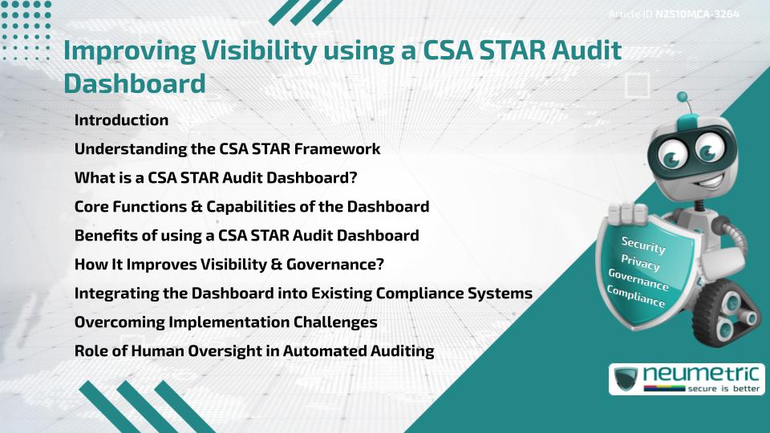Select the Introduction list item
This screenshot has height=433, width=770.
coord(121,120)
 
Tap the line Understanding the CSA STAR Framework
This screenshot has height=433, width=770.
coord(227,149)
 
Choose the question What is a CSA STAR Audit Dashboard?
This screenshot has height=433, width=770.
coord(215,178)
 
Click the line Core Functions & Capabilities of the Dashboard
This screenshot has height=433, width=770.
coord(251,207)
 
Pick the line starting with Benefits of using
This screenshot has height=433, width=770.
coord(246,236)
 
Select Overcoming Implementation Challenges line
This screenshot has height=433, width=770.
coord(225,322)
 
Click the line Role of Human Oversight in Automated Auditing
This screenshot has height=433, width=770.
coord(253,351)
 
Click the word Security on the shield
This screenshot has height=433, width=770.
coord(643,245)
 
